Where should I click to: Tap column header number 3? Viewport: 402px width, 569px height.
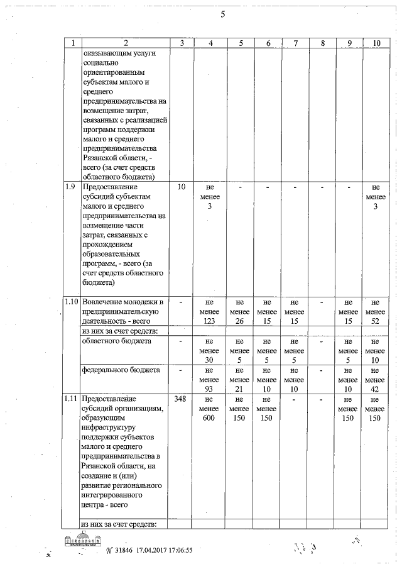[x=182, y=43]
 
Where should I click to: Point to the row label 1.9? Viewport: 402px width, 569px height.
[x=72, y=187]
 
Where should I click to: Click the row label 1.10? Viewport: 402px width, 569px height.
[x=72, y=303]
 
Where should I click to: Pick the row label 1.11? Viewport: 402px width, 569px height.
[x=72, y=399]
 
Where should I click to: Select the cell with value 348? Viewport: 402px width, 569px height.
[x=182, y=399]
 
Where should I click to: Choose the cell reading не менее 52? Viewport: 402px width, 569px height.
[x=375, y=312]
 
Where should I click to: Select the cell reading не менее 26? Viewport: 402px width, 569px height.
[x=240, y=312]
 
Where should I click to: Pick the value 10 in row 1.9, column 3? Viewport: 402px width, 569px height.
[x=182, y=187]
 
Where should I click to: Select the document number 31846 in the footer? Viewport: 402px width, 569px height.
[x=121, y=551]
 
